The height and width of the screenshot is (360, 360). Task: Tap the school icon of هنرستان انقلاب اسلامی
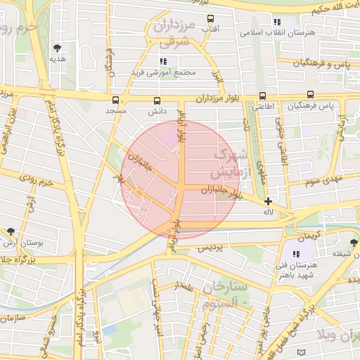point(277,22)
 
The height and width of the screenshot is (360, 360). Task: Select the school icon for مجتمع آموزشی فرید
point(163,61)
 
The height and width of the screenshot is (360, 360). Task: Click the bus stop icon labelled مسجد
point(115,100)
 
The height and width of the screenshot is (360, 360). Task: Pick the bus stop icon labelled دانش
point(156,100)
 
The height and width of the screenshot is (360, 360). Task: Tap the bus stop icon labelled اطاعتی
point(262,96)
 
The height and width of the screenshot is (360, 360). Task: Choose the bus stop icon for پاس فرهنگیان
point(310,95)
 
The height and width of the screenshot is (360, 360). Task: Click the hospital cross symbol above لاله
point(268,201)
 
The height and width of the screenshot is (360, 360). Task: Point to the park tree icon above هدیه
point(57,48)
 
